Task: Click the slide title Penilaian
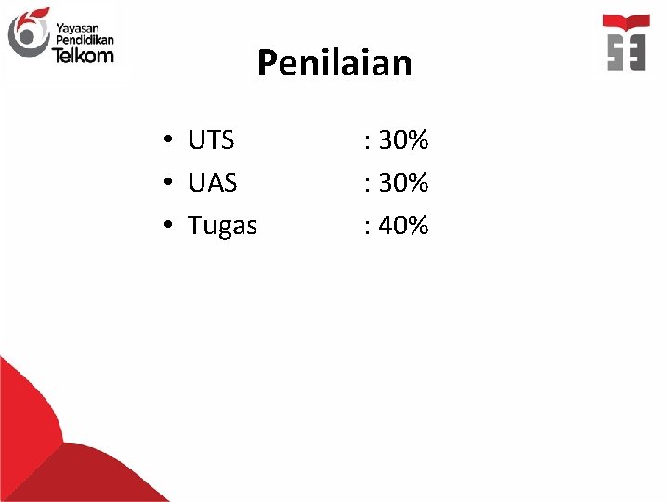(334, 63)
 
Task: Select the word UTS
(211, 140)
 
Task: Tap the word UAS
(212, 183)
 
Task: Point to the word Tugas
(222, 226)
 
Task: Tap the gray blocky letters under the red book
(626, 52)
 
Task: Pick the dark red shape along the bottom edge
(111, 474)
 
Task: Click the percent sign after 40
(417, 225)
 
